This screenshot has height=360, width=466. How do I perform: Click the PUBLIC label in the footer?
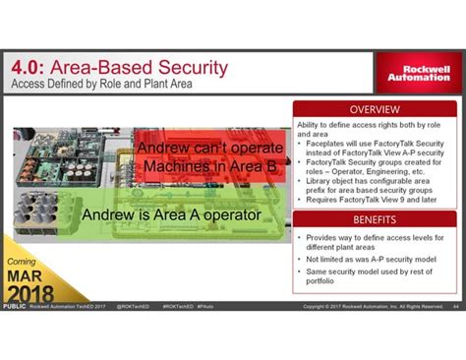14,307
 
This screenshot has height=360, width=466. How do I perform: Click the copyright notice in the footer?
374,307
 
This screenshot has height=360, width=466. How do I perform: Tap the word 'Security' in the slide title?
187,68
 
